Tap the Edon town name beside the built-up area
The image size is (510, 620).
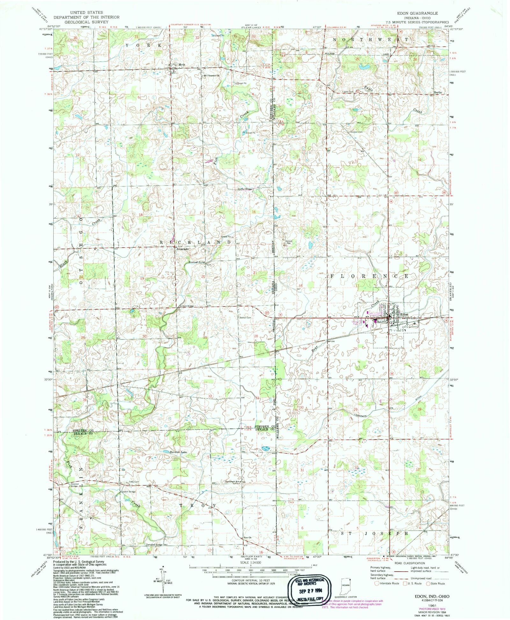click(404, 314)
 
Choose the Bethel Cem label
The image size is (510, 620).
click(245, 317)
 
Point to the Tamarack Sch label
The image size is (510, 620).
click(234, 481)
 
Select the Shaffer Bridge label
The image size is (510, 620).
click(244, 189)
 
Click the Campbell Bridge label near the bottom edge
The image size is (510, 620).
click(155, 544)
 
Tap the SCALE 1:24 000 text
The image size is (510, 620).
click(251, 563)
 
